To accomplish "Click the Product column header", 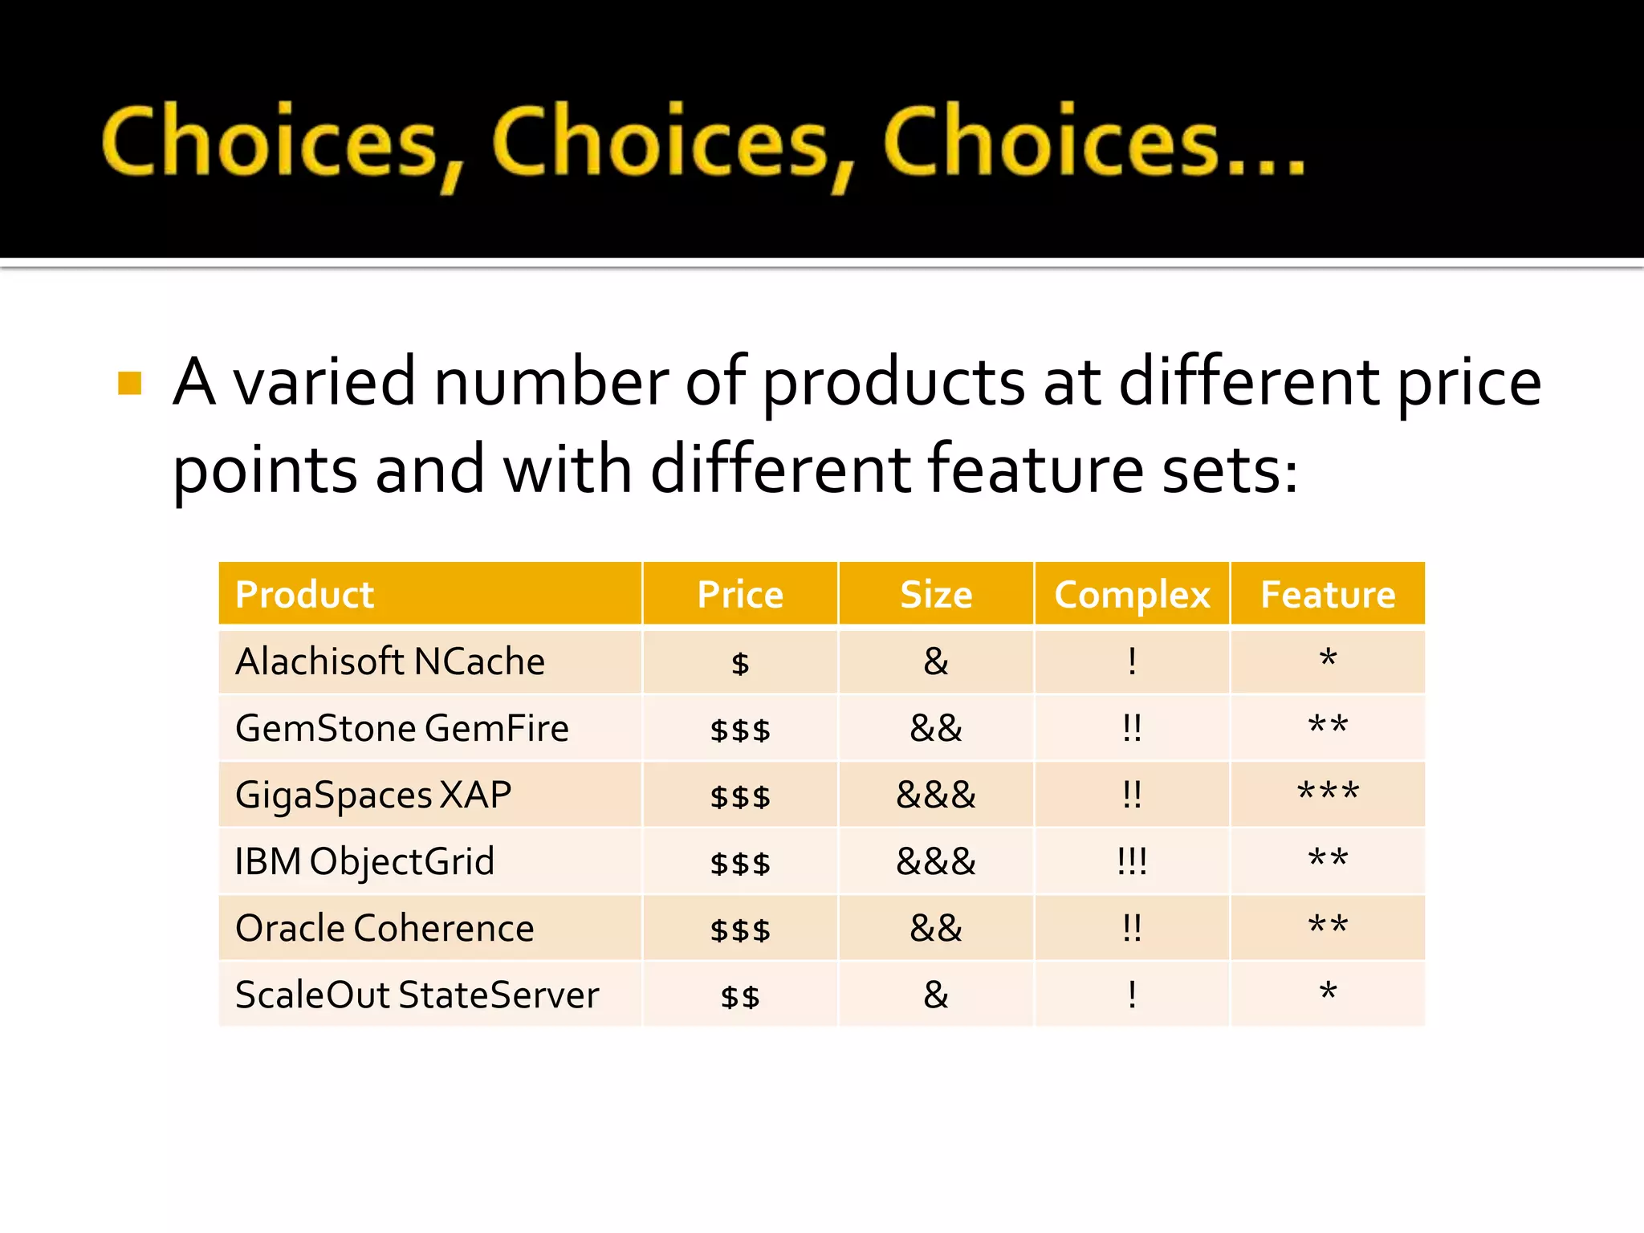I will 305,595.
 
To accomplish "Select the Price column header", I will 740,595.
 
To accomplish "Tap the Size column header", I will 936,595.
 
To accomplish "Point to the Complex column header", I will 1132,595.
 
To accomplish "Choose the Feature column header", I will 1328,595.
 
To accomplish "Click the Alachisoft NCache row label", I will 390,662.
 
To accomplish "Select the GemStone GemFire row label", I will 402,729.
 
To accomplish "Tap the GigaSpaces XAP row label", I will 373,796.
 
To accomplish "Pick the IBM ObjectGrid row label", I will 364,862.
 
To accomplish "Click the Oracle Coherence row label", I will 385,929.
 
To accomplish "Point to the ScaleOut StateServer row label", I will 417,995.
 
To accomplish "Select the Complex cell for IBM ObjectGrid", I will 1132,862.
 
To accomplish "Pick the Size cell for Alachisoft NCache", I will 936,662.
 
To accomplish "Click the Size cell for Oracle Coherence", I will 936,929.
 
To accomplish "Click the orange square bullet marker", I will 129,383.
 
